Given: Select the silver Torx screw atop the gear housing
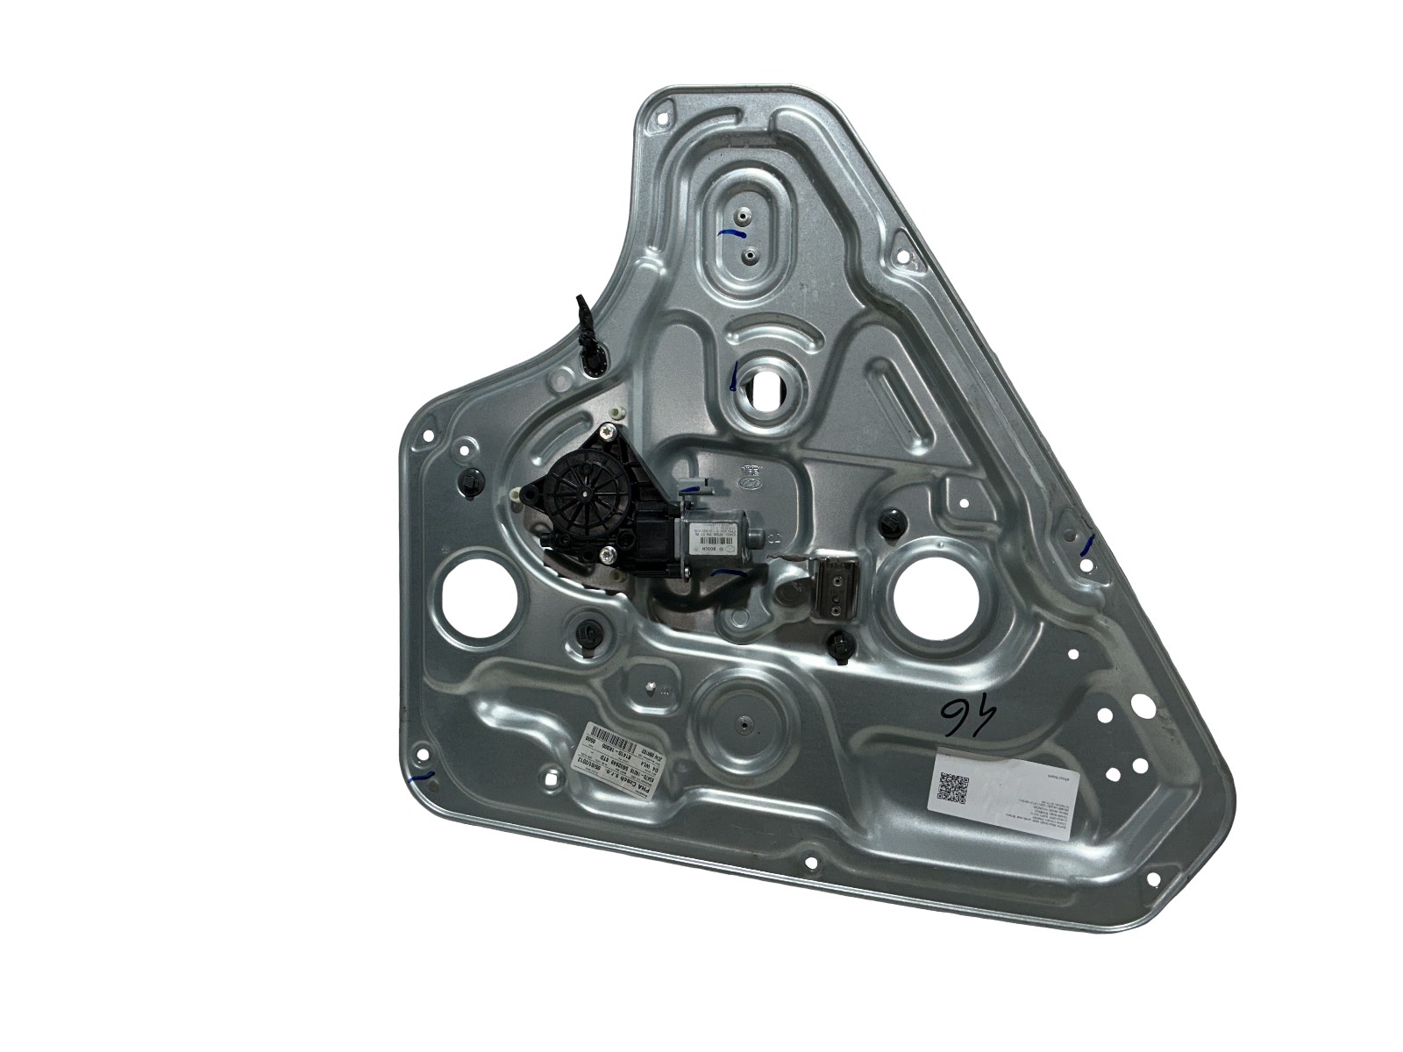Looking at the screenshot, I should coord(607,432).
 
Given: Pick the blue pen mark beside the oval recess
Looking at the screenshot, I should coord(730,234).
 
